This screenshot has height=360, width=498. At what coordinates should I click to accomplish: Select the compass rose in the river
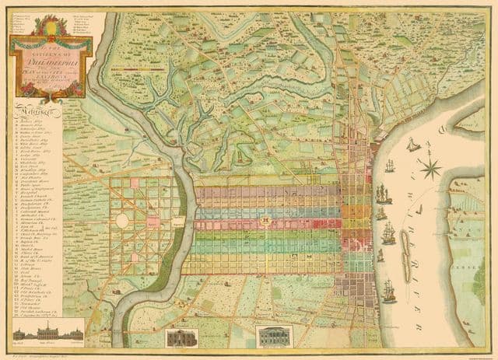point(430,165)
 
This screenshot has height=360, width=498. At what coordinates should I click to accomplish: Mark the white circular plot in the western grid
point(122,221)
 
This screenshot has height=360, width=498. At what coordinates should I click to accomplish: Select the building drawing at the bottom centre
point(273,337)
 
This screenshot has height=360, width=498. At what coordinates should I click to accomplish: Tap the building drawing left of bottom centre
point(181,337)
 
